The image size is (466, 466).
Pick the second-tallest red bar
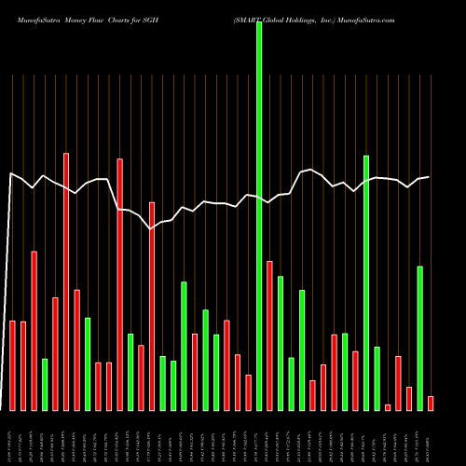[x=119, y=284]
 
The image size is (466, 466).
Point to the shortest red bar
[x=388, y=407]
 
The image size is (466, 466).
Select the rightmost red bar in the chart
[x=431, y=403]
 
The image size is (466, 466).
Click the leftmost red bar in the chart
[x=13, y=365]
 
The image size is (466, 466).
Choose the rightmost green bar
[x=420, y=338]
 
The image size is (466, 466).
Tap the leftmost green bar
[x=45, y=384]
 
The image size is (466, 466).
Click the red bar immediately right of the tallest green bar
[x=269, y=336]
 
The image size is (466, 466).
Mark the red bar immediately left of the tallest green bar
[x=248, y=392]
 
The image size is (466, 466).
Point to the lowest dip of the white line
[x=151, y=227]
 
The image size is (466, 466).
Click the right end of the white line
[x=429, y=177]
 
